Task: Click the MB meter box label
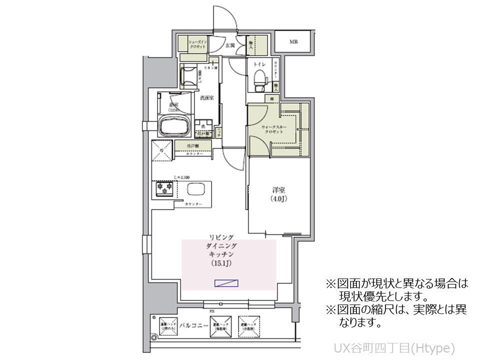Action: (293, 41)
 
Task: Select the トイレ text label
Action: (259, 64)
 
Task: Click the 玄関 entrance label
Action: (230, 45)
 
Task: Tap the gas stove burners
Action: (164, 189)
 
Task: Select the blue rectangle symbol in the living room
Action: (226, 283)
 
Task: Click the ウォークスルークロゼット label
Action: (274, 130)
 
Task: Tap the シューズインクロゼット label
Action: (195, 44)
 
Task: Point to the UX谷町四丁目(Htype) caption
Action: (394, 347)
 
